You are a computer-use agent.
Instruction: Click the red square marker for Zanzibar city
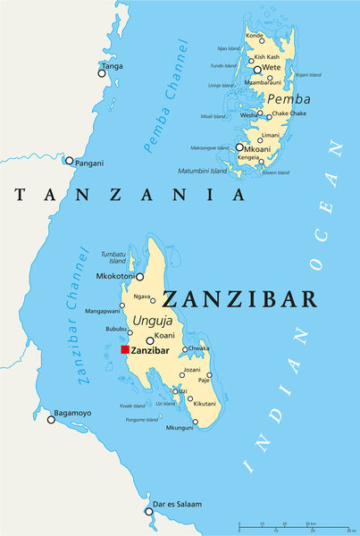pyautogui.click(x=125, y=350)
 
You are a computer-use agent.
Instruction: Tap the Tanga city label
pyautogui.click(x=113, y=66)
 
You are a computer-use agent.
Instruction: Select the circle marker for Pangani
pyautogui.click(x=70, y=161)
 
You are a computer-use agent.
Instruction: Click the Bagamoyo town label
pyautogui.click(x=73, y=413)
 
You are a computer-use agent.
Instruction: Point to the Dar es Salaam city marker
pyautogui.click(x=149, y=511)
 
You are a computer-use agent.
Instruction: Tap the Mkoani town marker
pyautogui.click(x=239, y=147)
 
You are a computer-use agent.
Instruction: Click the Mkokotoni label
pyautogui.click(x=113, y=277)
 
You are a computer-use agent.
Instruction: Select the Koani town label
pyautogui.click(x=164, y=336)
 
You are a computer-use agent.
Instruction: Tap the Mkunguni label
pyautogui.click(x=179, y=428)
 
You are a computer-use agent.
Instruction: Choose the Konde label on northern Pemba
pyautogui.click(x=255, y=36)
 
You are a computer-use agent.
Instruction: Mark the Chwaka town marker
pyautogui.click(x=185, y=349)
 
